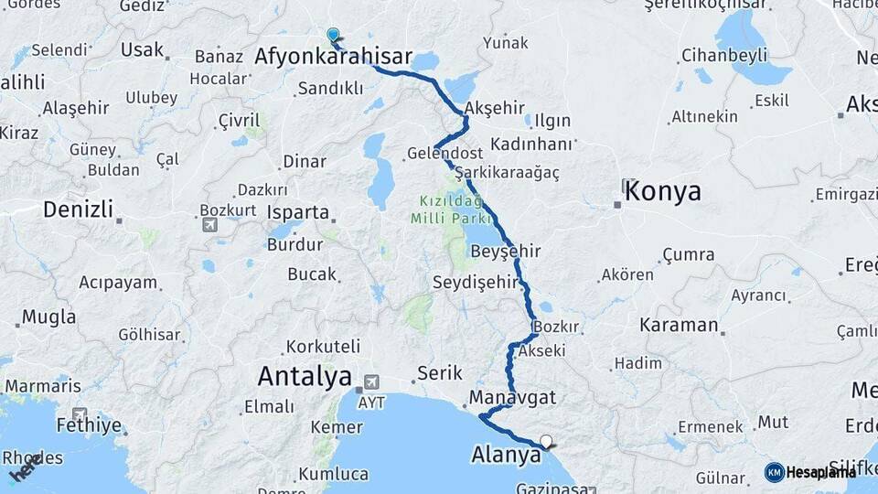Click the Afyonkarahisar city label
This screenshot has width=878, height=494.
(333, 57)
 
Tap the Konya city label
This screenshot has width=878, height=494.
(662, 192)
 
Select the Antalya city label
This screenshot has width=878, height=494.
(305, 376)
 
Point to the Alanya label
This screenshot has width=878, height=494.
(506, 455)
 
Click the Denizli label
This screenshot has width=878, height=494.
(78, 209)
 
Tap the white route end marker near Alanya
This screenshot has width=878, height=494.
(546, 442)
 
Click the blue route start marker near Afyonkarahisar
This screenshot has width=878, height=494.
(333, 36)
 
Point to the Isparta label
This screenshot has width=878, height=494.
(298, 212)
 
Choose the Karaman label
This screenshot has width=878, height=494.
(679, 325)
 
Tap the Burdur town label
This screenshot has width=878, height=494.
(294, 245)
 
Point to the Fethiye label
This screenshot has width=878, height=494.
(89, 425)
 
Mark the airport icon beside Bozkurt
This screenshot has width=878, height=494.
(210, 225)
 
